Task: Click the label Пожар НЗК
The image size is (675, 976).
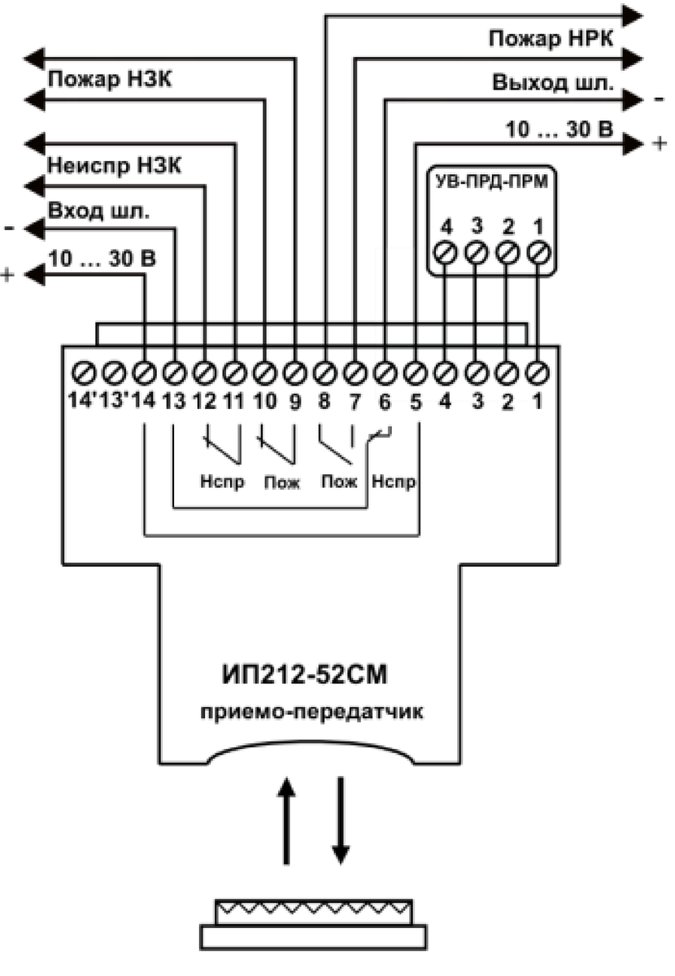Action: click(x=109, y=80)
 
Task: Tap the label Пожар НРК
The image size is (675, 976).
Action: click(x=551, y=38)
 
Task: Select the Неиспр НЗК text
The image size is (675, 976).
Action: click(x=114, y=166)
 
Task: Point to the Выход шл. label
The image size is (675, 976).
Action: click(x=553, y=82)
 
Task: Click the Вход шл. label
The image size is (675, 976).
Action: click(x=99, y=211)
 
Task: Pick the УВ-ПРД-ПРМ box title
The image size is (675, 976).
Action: click(x=491, y=181)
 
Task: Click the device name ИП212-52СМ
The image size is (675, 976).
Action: click(x=304, y=674)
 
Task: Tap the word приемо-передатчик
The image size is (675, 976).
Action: click(x=311, y=712)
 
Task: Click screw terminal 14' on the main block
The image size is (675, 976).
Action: click(x=83, y=373)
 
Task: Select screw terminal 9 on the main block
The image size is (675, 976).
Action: click(x=295, y=373)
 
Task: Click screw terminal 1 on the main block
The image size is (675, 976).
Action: click(x=538, y=373)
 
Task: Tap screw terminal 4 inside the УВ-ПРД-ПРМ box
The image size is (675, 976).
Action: click(x=446, y=253)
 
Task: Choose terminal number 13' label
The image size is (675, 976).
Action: click(x=114, y=400)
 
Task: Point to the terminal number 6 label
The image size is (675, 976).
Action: click(x=385, y=401)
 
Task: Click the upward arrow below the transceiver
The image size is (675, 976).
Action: click(x=286, y=821)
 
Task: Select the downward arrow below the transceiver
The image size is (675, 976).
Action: click(x=340, y=821)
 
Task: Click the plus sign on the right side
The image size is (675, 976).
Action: click(x=660, y=143)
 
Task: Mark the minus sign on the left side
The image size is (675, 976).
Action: click(x=9, y=228)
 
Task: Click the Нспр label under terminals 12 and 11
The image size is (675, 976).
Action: click(x=222, y=481)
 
